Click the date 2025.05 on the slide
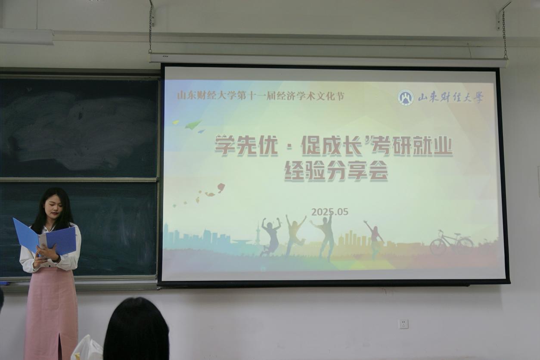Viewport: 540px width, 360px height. pos(330,212)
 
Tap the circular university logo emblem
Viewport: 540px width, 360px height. pos(406,98)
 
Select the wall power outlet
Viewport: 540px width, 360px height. pos(403,324)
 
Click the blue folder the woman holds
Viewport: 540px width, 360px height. pos(45,238)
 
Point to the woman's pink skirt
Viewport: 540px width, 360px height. pos(51,313)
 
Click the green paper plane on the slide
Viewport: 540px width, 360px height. pos(193,124)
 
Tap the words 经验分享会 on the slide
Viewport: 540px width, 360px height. pos(336,171)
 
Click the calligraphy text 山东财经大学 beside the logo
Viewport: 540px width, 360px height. pos(450,98)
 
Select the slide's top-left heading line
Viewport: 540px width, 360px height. pos(261,96)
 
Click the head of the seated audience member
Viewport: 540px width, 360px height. pos(136,329)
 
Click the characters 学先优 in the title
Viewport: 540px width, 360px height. pos(246,146)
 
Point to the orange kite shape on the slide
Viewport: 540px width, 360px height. pos(221,188)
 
